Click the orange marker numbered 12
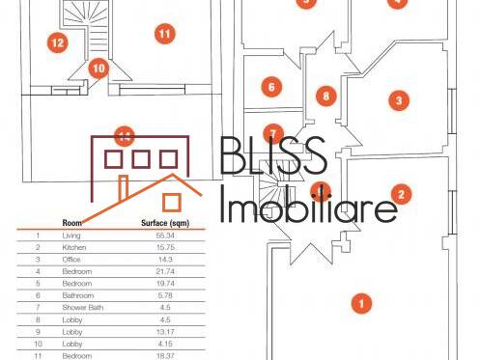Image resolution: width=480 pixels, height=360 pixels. [57, 42]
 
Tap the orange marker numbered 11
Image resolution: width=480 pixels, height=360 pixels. [164, 34]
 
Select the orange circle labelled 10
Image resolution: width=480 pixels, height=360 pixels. [99, 69]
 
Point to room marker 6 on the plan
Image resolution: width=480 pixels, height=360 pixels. [271, 87]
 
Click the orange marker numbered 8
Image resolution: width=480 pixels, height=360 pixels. [326, 97]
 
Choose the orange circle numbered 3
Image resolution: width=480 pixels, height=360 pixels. [395, 98]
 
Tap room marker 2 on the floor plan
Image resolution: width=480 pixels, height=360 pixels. [404, 193]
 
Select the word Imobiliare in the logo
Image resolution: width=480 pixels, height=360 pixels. [309, 206]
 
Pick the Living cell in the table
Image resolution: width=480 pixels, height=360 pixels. [72, 235]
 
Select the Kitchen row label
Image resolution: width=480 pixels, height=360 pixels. [74, 247]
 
